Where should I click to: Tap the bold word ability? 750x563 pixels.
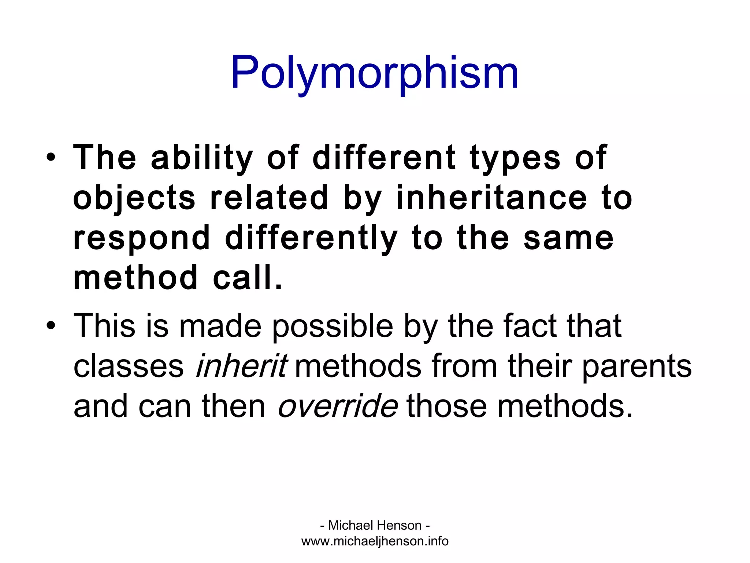coord(202,158)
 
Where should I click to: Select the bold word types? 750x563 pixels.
coord(515,158)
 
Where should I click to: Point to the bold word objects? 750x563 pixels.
coord(134,198)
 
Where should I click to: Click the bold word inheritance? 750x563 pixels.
coord(492,198)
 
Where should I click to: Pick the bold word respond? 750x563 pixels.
coord(142,239)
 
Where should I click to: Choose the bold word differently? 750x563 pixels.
coord(311,239)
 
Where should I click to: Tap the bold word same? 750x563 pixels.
coord(568,239)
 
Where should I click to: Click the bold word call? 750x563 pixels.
coord(248,278)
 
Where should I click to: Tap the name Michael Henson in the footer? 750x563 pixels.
coord(375,525)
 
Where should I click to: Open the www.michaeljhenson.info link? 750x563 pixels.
coord(375,541)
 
